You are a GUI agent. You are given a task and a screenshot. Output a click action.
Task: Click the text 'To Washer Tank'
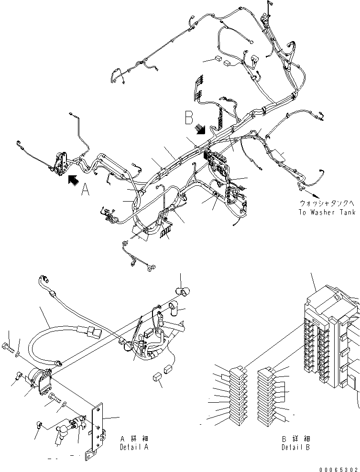coord(327,212)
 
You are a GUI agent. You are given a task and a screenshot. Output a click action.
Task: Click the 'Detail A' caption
coord(134,448)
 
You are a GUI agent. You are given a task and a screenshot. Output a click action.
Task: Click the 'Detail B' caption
coord(295,448)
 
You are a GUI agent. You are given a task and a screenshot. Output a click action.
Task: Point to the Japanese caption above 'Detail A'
coord(134,439)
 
